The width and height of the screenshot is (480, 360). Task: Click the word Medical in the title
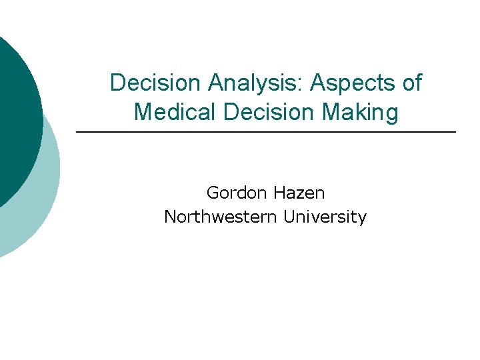pyautogui.click(x=176, y=111)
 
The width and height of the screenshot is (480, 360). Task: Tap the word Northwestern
pyautogui.click(x=221, y=217)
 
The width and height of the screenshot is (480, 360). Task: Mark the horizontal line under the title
pyautogui.click(x=266, y=133)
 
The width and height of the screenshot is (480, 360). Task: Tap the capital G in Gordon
pyautogui.click(x=213, y=193)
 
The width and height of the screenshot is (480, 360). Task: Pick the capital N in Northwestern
pyautogui.click(x=169, y=217)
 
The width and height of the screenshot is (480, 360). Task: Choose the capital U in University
pyautogui.click(x=289, y=217)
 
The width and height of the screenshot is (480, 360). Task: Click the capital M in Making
pyautogui.click(x=332, y=111)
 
